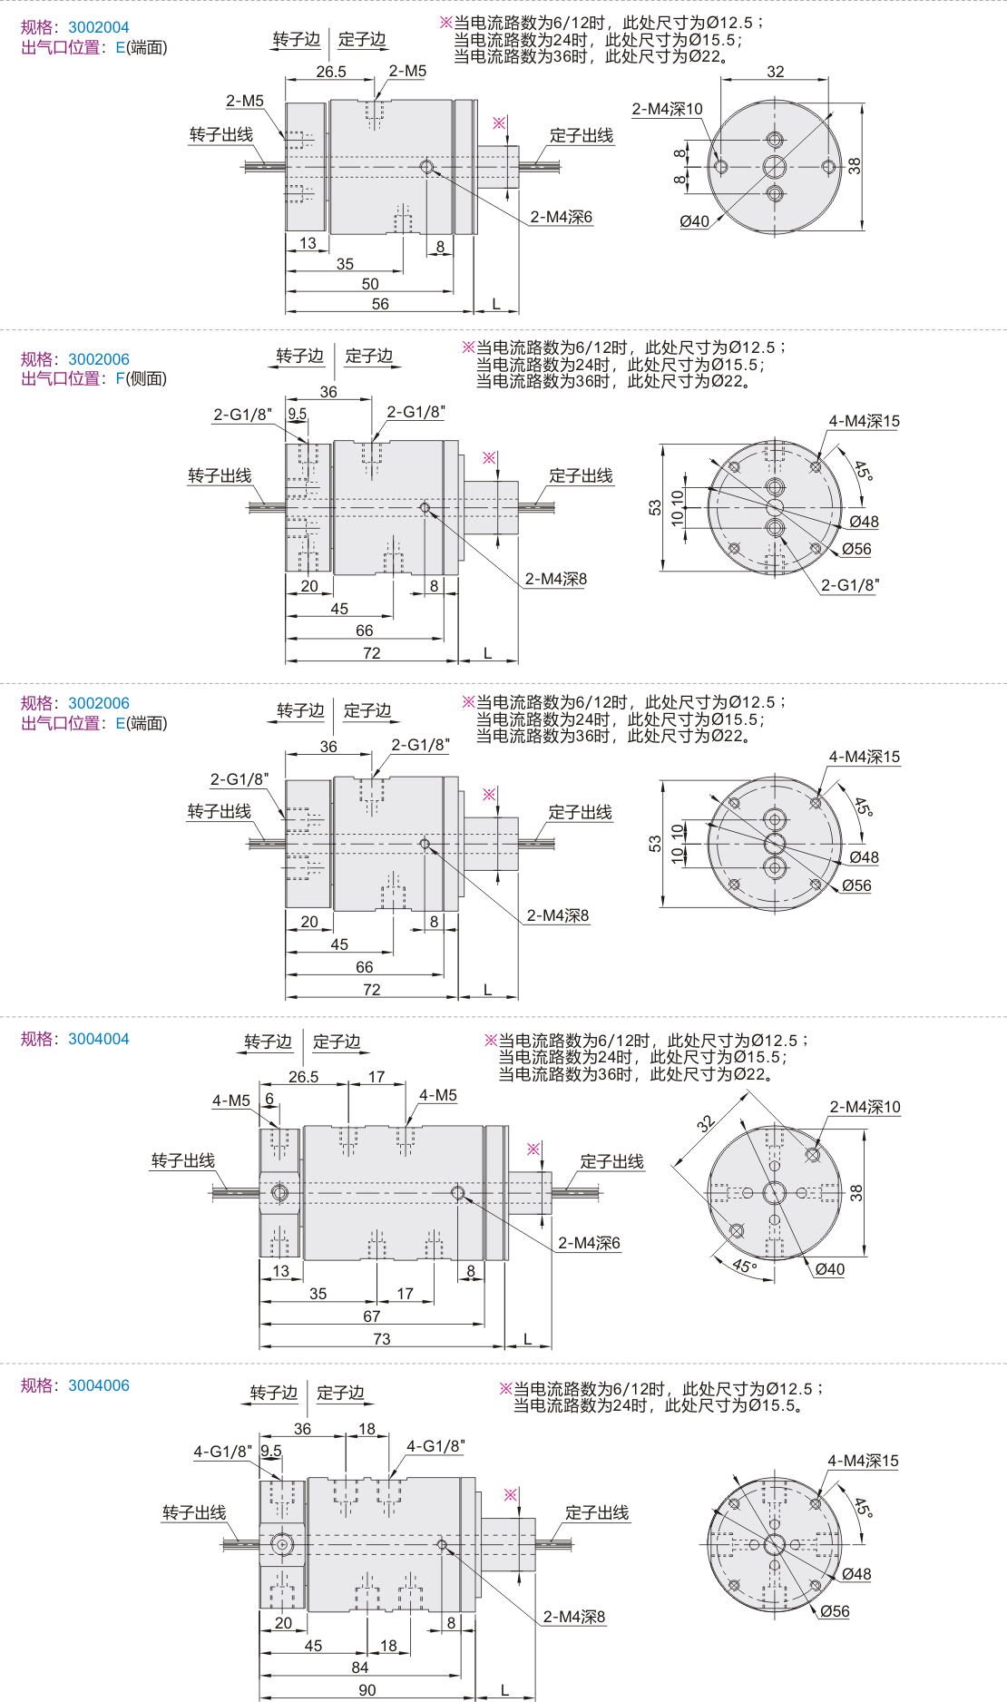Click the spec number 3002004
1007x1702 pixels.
pyautogui.click(x=99, y=27)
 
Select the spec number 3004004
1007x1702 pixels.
pyautogui.click(x=99, y=1039)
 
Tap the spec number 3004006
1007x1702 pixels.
pyautogui.click(x=99, y=1385)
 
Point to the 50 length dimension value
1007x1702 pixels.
pyautogui.click(x=370, y=284)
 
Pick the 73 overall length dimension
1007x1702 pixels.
pyautogui.click(x=382, y=1339)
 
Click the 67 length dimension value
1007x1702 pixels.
pyautogui.click(x=372, y=1316)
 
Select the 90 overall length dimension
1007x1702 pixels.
pyautogui.click(x=367, y=1690)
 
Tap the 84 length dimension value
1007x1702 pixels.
pyautogui.click(x=360, y=1668)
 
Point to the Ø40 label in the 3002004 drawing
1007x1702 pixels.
pyautogui.click(x=695, y=221)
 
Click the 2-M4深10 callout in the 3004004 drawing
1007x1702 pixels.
pyautogui.click(x=865, y=1107)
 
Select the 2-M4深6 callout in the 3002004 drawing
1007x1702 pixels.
pyautogui.click(x=562, y=217)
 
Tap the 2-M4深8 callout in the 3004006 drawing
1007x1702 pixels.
pyautogui.click(x=574, y=1617)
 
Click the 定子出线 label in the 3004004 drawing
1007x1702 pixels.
pyautogui.click(x=612, y=1161)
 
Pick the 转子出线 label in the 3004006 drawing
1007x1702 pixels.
pyautogui.click(x=194, y=1512)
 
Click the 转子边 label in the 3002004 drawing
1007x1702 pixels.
pyautogui.click(x=297, y=39)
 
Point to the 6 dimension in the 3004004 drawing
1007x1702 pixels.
pyautogui.click(x=269, y=1099)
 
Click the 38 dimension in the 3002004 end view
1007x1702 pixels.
pyautogui.click(x=855, y=165)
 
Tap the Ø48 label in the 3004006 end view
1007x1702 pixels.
pyautogui.click(x=856, y=1574)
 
